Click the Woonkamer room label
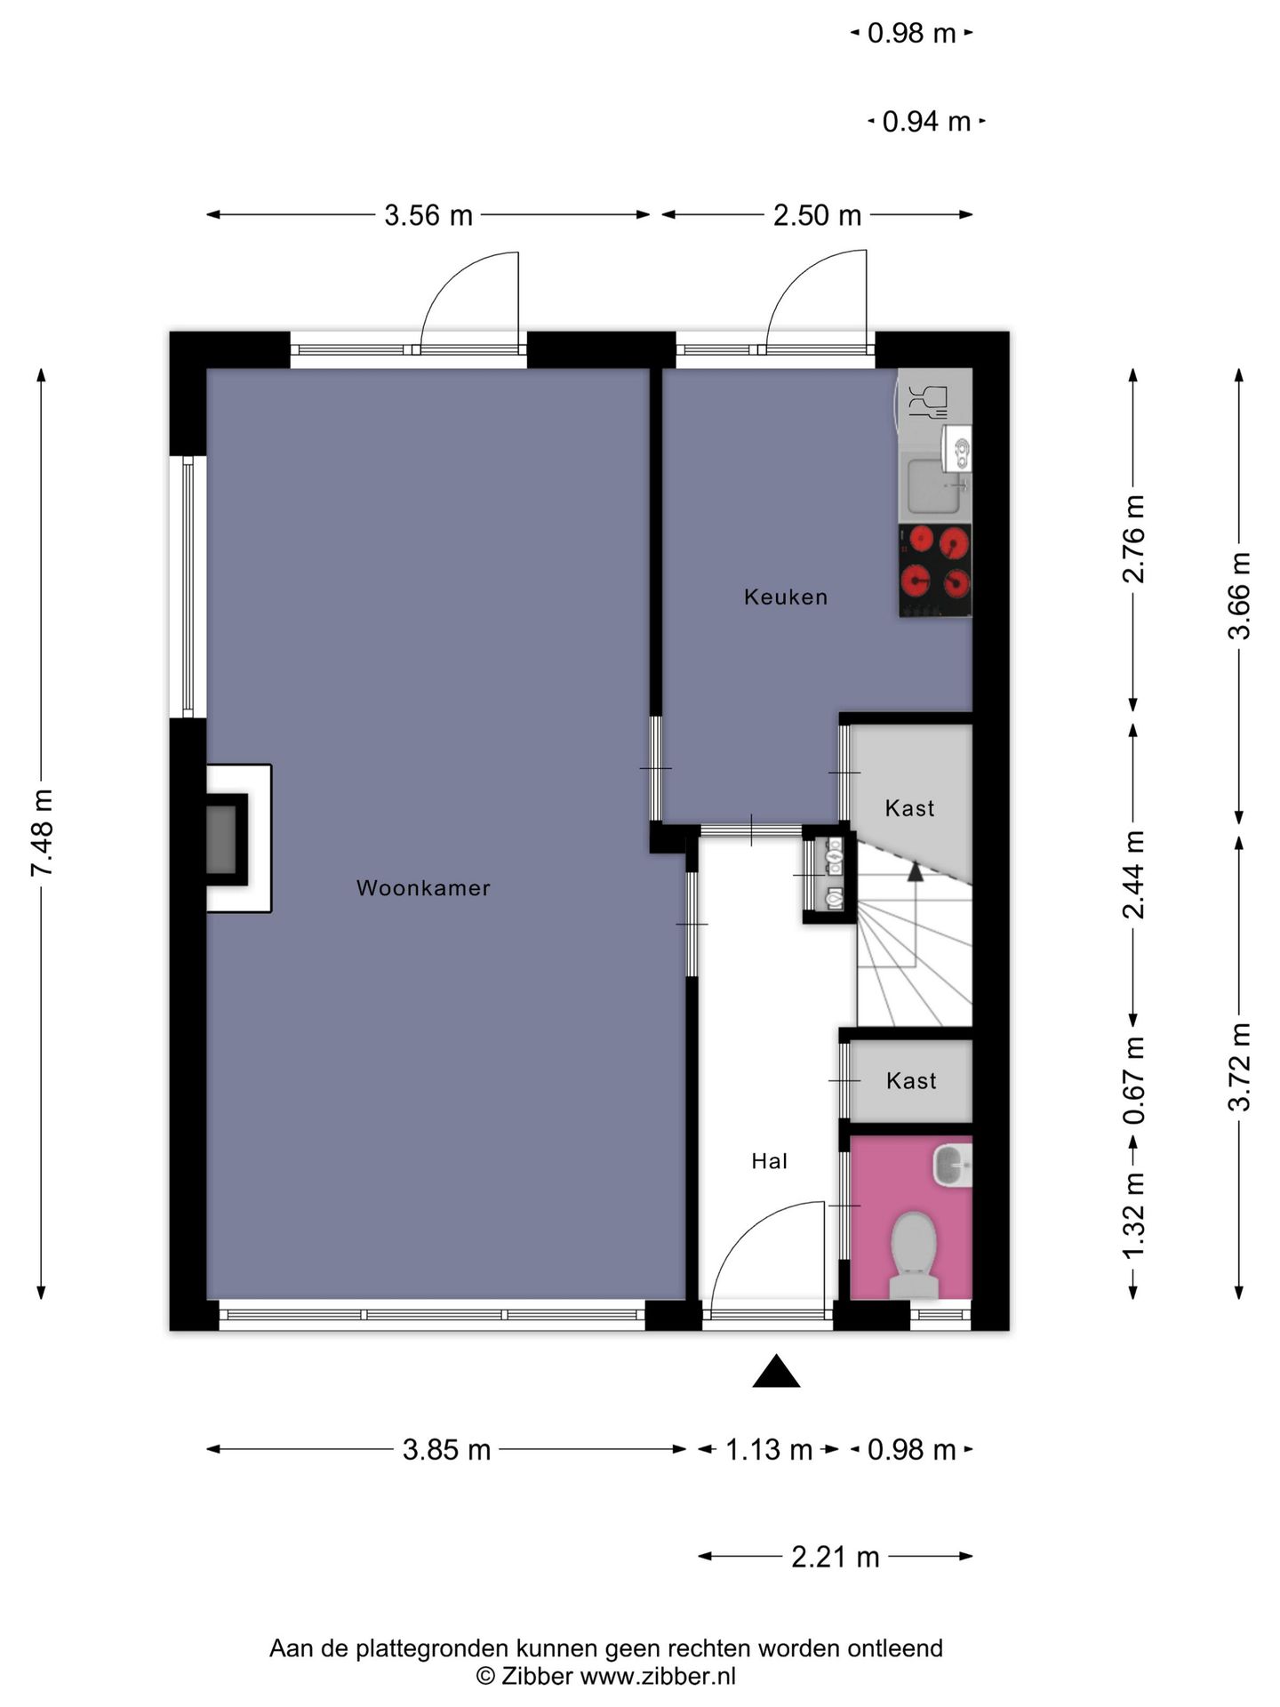423,887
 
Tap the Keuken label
786,597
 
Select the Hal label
770,1160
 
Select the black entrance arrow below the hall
776,1371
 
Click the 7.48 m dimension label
42,833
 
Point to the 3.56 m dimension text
428,215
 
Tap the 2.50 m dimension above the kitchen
817,215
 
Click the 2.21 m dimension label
836,1557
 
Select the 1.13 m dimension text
769,1450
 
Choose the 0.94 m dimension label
926,121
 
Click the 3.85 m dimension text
446,1450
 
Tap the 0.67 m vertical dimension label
1133,1080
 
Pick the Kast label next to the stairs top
909,808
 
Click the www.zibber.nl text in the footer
658,1676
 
